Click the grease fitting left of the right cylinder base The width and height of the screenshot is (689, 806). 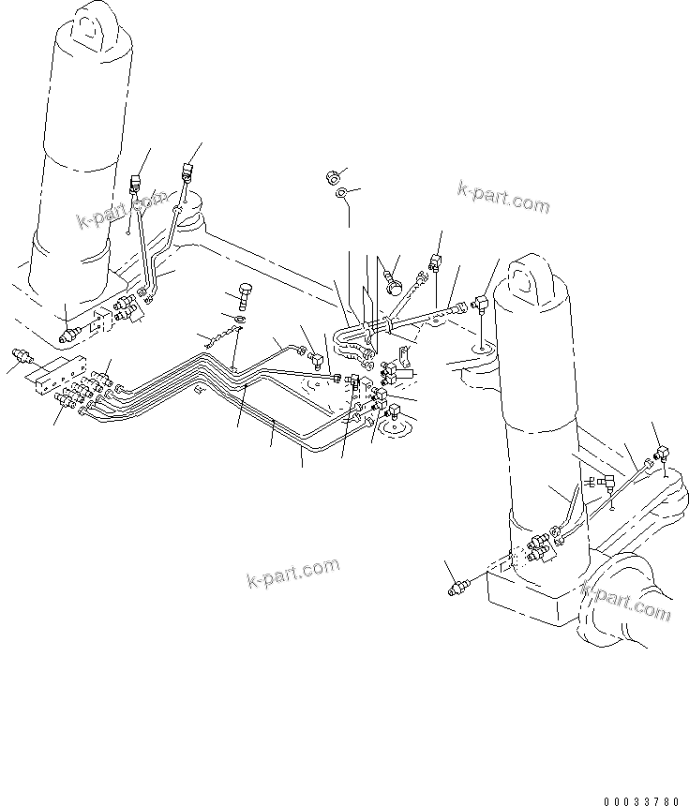[x=457, y=588]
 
